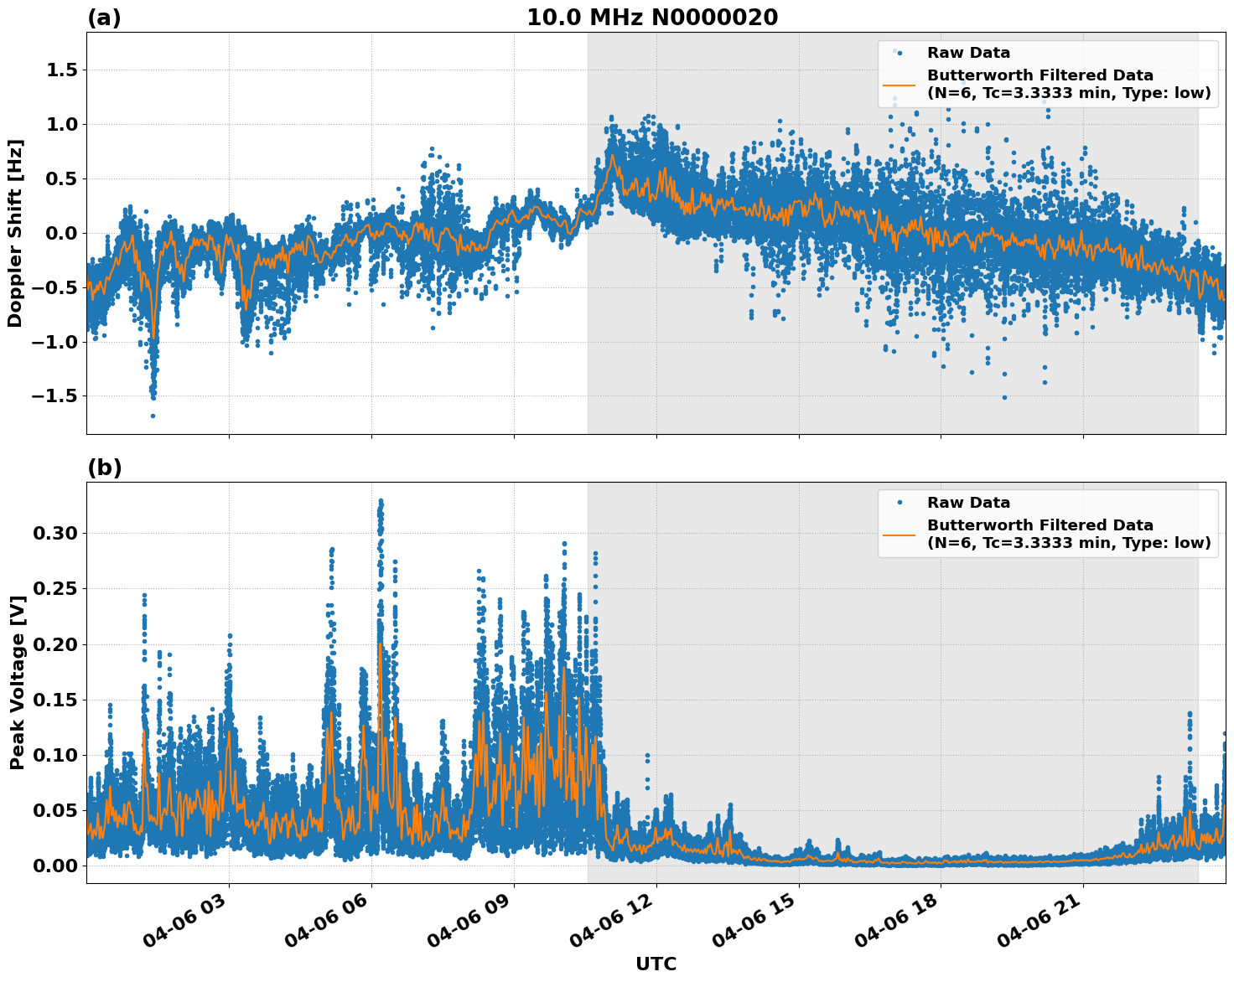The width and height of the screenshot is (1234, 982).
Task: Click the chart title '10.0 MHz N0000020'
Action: click(651, 17)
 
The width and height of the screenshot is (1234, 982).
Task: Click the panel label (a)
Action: click(104, 18)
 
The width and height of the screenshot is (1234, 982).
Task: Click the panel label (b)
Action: click(104, 468)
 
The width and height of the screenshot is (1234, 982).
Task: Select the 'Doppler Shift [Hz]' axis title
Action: click(15, 233)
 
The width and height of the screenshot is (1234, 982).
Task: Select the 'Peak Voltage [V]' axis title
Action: click(17, 683)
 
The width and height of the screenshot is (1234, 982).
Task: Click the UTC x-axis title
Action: click(656, 964)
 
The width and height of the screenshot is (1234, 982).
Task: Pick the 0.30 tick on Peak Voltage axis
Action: click(56, 534)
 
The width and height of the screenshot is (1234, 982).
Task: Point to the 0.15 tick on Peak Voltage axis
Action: click(56, 700)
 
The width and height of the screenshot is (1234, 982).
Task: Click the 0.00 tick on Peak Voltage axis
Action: click(56, 866)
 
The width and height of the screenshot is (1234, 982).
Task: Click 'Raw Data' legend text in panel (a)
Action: click(968, 53)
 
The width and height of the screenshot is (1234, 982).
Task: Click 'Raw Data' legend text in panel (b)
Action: click(968, 503)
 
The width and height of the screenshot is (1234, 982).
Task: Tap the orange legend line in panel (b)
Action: click(899, 534)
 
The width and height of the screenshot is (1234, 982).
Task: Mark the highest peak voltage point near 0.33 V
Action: click(381, 501)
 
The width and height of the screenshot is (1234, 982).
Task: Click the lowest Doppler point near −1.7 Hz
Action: click(153, 416)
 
